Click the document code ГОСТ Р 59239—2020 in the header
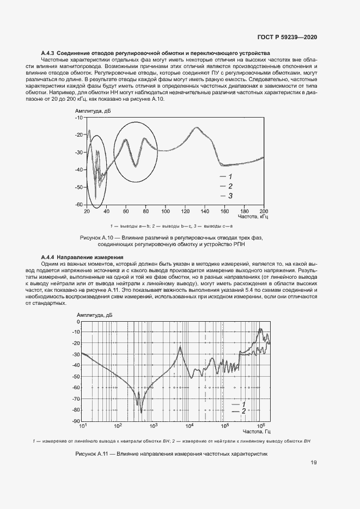[287, 37]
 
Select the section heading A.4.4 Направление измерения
[82, 257]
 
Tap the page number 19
[314, 463]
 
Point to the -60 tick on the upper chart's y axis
[78, 205]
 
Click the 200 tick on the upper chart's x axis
[263, 211]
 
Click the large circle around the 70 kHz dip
[136, 152]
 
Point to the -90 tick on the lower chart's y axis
[76, 421]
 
